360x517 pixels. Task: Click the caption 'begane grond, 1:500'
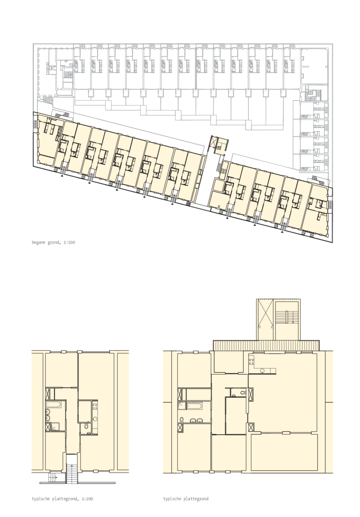coord(53,242)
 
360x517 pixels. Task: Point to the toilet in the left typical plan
coord(86,425)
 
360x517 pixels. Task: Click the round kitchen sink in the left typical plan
coord(95,418)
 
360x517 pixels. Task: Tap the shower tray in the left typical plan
coord(55,427)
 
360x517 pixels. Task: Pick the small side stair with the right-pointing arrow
coord(53,477)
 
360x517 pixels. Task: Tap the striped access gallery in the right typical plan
coord(266,345)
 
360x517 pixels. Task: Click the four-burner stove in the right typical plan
coord(252,359)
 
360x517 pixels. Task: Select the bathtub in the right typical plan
coord(194,405)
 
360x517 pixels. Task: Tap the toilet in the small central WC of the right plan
coord(242,393)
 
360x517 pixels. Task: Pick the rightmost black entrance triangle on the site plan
coord(282,232)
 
